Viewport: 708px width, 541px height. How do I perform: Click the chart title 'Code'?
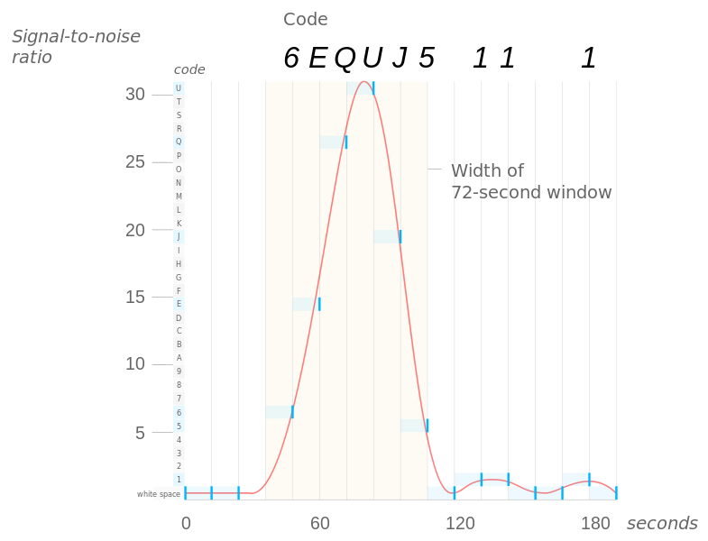tap(306, 19)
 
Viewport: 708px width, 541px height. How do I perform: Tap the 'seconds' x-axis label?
tap(662, 524)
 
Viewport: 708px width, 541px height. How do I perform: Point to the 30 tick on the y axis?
tap(135, 94)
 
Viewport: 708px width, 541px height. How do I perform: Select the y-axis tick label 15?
tap(135, 297)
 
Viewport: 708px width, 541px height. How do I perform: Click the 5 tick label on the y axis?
tap(140, 432)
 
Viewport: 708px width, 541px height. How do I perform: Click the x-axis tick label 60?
tap(319, 524)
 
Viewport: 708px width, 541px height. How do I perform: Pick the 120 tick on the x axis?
tap(460, 524)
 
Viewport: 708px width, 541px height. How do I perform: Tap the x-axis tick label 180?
tap(595, 524)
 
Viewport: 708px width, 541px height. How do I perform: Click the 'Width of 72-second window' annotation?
tap(531, 181)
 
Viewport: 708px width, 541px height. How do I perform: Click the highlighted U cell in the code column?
tap(179, 87)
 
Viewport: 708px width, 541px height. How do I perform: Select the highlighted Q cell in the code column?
tap(179, 142)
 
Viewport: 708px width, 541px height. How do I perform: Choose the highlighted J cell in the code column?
tap(179, 236)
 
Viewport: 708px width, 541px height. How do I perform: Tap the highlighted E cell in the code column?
tap(179, 304)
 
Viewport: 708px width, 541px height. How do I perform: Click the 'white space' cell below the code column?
tap(160, 493)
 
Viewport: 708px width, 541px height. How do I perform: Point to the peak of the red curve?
tap(363, 82)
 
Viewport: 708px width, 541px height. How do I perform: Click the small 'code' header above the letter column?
tap(188, 69)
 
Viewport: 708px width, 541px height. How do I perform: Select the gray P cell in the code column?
tap(179, 155)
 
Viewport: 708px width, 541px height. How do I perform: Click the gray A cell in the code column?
tap(179, 358)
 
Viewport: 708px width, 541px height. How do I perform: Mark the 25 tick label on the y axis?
tap(135, 161)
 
